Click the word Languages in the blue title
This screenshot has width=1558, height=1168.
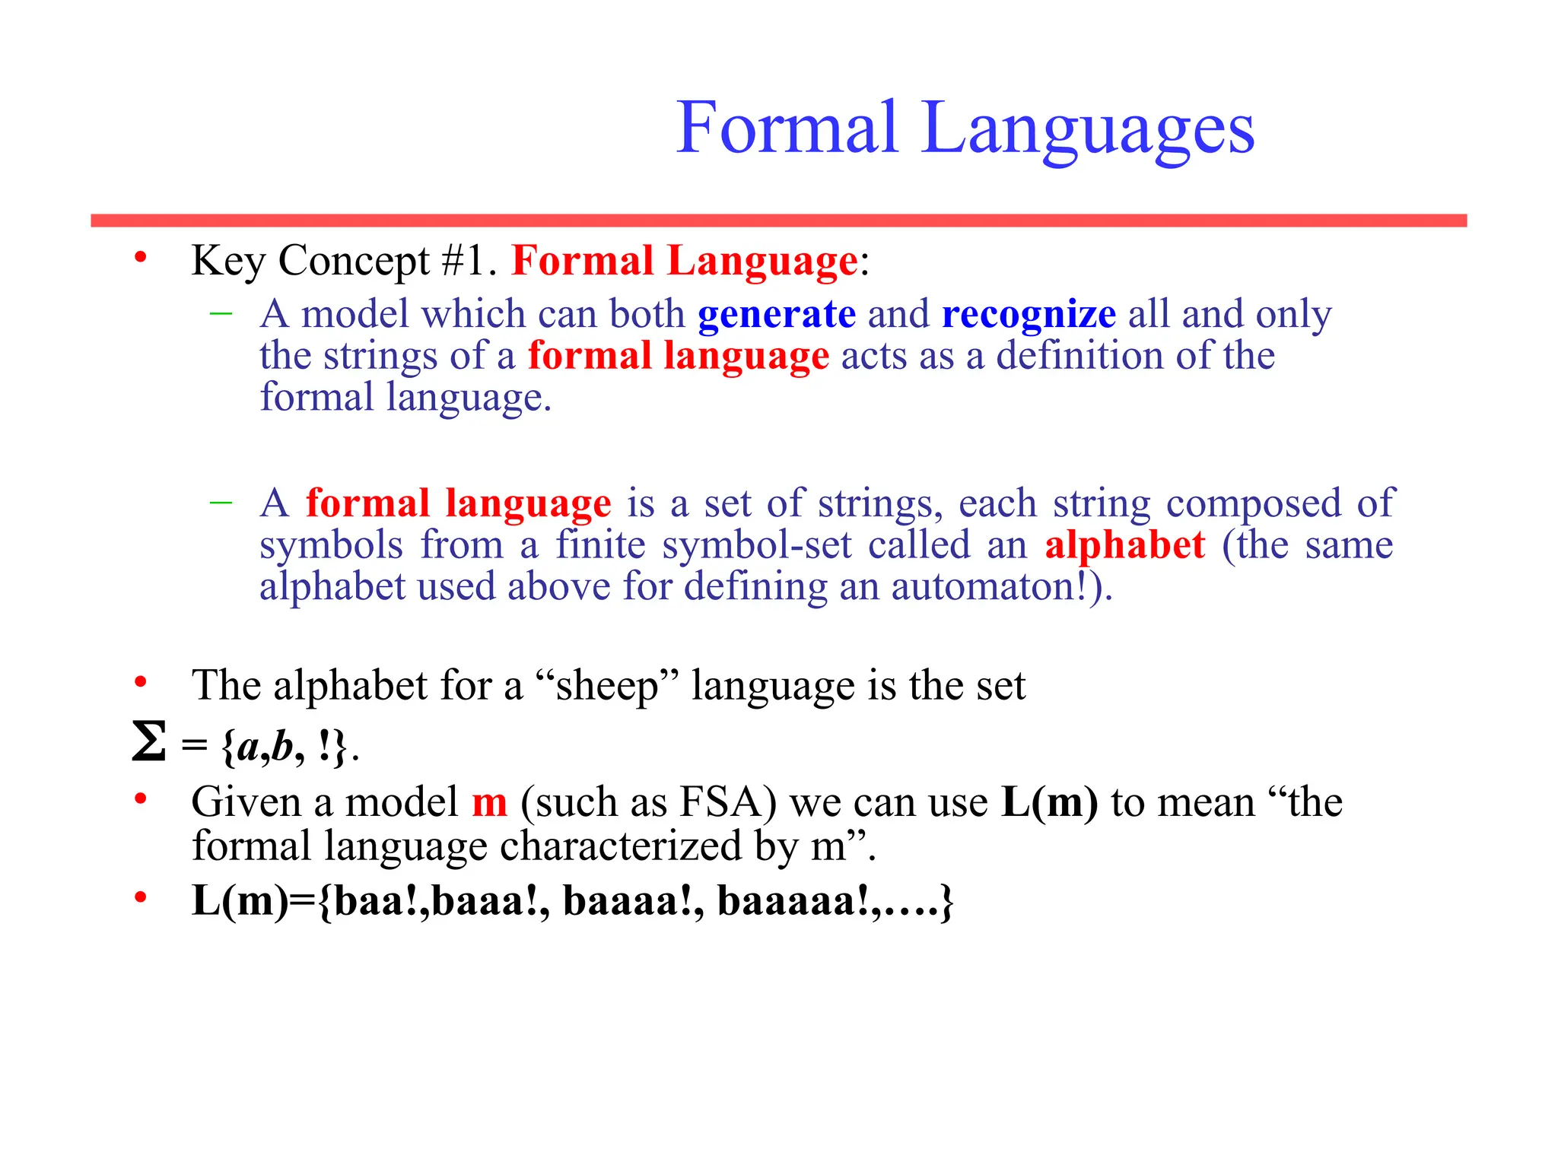pyautogui.click(x=1087, y=129)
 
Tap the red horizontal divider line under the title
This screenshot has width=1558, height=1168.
pyautogui.click(x=778, y=221)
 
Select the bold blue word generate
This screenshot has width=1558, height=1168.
pyautogui.click(x=776, y=314)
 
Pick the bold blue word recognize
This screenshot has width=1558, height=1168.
pyautogui.click(x=1029, y=314)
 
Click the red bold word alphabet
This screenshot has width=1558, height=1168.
pyautogui.click(x=1124, y=545)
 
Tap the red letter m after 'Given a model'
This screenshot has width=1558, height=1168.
pyautogui.click(x=489, y=803)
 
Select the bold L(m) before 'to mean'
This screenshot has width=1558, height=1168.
pyautogui.click(x=1050, y=802)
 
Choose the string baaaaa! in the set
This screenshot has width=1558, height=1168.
pyautogui.click(x=794, y=901)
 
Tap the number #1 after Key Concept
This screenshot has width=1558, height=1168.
pyautogui.click(x=462, y=261)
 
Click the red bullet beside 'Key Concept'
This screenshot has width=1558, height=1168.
pyautogui.click(x=140, y=259)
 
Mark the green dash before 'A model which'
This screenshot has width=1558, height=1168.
pyautogui.click(x=221, y=313)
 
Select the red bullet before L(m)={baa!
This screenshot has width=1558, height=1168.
pyautogui.click(x=140, y=899)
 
